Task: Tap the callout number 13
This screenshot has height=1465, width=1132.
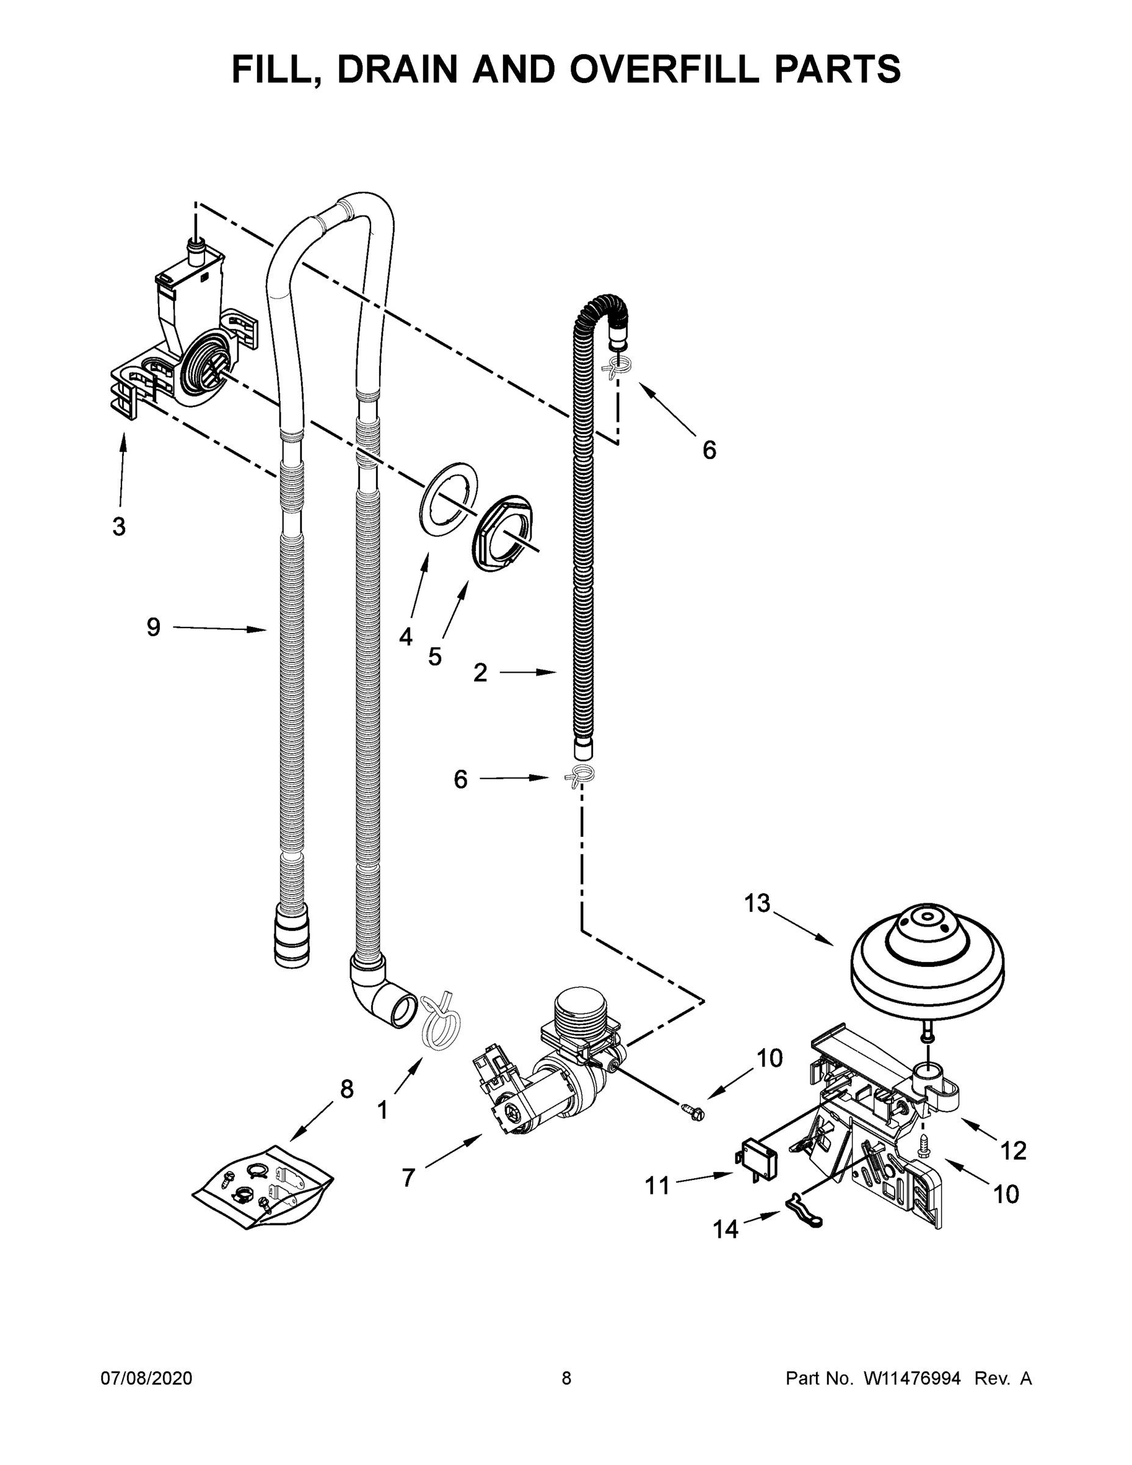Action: tap(757, 903)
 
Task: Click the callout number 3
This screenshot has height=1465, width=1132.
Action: tap(119, 527)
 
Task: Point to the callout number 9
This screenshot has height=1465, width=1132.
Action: tap(154, 627)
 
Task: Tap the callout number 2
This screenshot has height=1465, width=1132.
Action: tap(480, 672)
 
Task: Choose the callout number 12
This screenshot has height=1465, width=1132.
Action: tap(1013, 1151)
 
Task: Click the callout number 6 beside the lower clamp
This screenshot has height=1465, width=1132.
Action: tap(460, 779)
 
